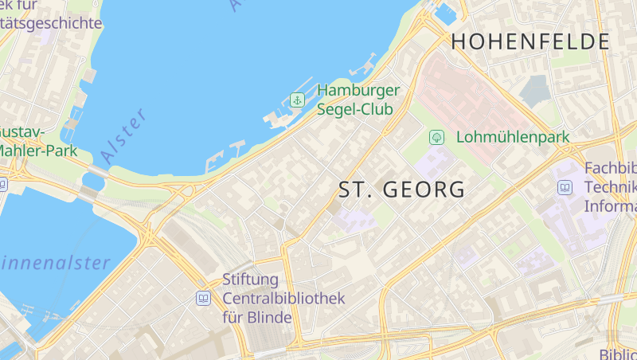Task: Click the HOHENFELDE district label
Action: [x=530, y=42]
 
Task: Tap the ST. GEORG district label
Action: [x=402, y=190]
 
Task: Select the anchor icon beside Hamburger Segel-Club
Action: [x=297, y=100]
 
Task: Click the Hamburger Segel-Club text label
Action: [x=358, y=100]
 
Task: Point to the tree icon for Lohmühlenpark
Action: [x=436, y=137]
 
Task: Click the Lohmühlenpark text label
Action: [x=513, y=137]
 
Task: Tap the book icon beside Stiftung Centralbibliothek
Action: [x=203, y=299]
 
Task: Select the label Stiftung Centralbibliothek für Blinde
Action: [x=283, y=299]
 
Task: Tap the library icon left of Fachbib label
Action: [x=565, y=188]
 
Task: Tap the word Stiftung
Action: [x=251, y=280]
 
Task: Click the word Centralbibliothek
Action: [x=283, y=299]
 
